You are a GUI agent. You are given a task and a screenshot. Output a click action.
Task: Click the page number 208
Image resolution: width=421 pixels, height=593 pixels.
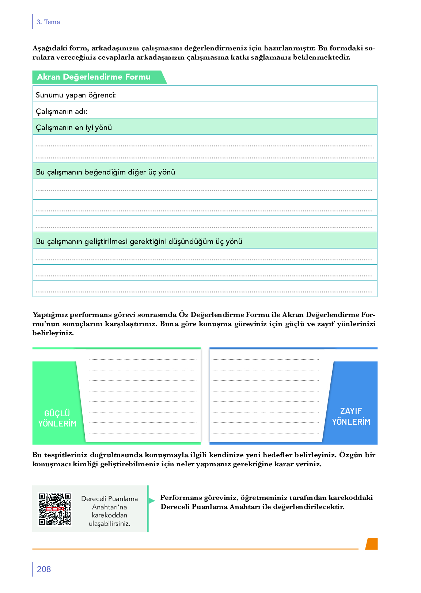[44, 569]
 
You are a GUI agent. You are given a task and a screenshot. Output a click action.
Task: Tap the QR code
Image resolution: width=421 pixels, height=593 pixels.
[55, 509]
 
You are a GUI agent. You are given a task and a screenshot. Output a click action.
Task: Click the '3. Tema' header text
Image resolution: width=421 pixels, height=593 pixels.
[48, 22]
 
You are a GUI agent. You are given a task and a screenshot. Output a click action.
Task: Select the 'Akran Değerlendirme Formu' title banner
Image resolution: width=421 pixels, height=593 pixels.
[94, 77]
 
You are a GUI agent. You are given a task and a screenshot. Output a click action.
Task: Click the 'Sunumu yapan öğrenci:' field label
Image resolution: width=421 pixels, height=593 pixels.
[76, 95]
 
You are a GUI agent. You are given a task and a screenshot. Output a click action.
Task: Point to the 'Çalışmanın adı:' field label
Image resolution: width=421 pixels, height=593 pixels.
[61, 112]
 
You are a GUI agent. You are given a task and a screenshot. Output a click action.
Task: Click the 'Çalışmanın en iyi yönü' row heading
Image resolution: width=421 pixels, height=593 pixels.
[74, 128]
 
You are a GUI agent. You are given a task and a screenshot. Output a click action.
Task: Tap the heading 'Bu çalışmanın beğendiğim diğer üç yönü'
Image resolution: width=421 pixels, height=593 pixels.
[105, 172]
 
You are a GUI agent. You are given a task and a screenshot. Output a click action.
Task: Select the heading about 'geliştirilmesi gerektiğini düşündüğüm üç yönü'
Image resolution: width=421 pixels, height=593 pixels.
[139, 242]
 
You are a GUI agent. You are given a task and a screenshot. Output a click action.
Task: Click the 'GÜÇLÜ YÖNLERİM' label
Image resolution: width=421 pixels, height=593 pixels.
[57, 418]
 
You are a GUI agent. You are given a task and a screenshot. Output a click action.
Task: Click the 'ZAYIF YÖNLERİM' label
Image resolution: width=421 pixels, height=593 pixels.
[351, 417]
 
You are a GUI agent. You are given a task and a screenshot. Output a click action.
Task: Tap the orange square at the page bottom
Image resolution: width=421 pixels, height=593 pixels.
[372, 544]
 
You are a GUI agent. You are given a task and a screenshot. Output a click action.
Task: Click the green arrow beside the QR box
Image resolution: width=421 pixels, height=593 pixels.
[152, 500]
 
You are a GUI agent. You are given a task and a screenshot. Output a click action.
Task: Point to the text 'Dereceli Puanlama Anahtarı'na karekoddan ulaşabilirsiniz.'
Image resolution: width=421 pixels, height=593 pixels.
[110, 511]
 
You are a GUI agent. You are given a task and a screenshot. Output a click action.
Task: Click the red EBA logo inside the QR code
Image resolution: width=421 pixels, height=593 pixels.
[55, 509]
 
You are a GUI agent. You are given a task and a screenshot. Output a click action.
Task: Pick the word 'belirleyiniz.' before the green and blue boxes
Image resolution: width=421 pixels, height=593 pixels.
[53, 333]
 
